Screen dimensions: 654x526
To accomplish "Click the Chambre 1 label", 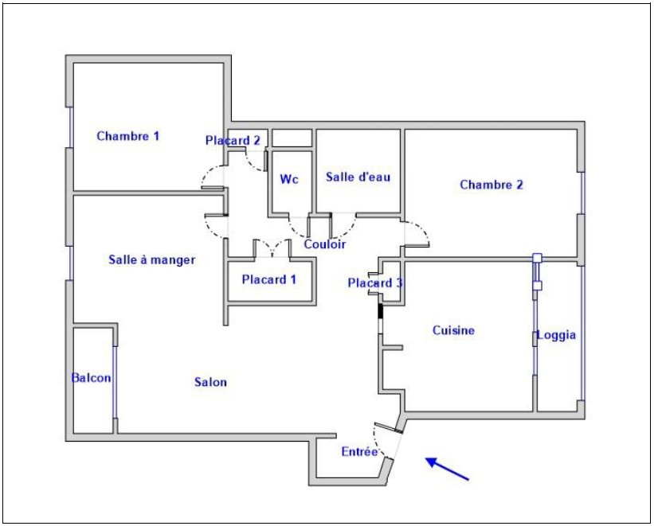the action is (x=128, y=136).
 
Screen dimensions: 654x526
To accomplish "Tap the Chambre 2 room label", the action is (x=491, y=185).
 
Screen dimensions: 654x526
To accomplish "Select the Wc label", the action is (x=289, y=179).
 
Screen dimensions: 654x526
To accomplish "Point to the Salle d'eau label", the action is (x=358, y=177).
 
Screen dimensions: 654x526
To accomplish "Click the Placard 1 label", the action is (x=269, y=279).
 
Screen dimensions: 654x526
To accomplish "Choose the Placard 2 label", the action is (x=233, y=141).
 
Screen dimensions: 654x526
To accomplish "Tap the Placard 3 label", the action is (x=375, y=283).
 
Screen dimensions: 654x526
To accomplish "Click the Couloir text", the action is (x=324, y=244).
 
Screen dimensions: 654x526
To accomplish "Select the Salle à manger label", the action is (x=152, y=259).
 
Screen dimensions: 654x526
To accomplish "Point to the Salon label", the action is (x=210, y=382).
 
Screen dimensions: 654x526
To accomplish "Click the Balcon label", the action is (x=92, y=378).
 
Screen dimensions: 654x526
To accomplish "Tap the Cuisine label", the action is (x=453, y=330).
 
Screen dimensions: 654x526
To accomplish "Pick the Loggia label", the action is (x=556, y=335).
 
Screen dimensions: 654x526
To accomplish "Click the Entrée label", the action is (x=359, y=451).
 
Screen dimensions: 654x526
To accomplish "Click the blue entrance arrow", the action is (x=447, y=469).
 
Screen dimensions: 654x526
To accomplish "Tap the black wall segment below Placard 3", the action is (x=380, y=311).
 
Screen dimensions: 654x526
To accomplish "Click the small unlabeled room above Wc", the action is (x=292, y=138).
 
